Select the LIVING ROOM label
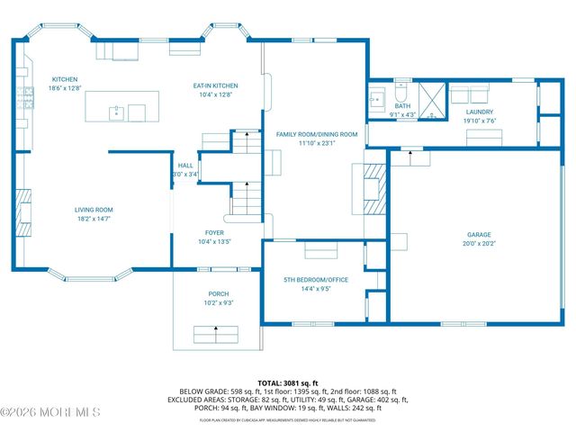pyautogui.click(x=94, y=210)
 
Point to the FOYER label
pyautogui.click(x=214, y=232)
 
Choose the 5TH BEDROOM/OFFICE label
pyautogui.click(x=315, y=280)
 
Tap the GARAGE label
pyautogui.click(x=479, y=233)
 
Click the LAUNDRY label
pyautogui.click(x=480, y=112)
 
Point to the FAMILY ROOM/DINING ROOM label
pyautogui.click(x=316, y=134)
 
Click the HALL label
pyautogui.click(x=185, y=166)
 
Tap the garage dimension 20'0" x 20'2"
pyautogui.click(x=479, y=242)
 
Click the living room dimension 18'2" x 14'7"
pyautogui.click(x=94, y=219)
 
